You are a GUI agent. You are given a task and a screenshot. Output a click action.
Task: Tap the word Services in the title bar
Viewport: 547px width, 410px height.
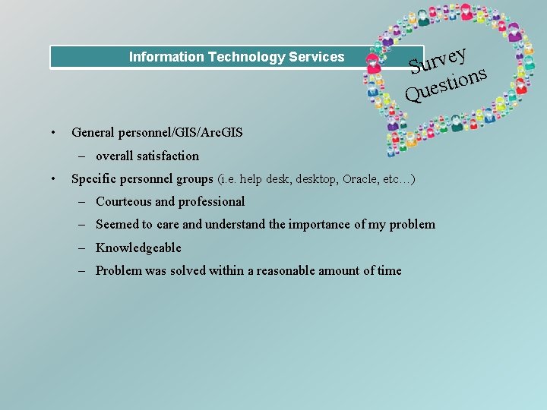(x=317, y=57)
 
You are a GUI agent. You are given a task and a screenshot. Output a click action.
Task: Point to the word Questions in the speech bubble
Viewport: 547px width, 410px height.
(x=446, y=85)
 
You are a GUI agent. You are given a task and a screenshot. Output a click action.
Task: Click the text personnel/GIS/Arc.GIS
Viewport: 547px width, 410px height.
(x=181, y=133)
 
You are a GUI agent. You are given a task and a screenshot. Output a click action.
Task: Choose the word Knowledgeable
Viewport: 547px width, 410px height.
(x=138, y=248)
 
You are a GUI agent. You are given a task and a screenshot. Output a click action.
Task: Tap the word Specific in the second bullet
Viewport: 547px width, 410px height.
(x=93, y=179)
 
